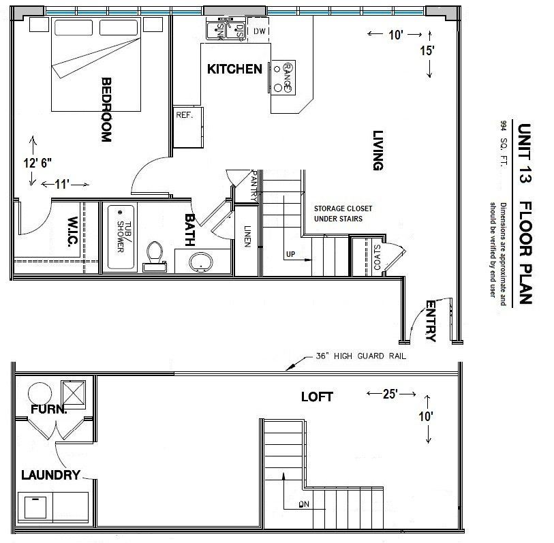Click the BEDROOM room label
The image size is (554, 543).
106,108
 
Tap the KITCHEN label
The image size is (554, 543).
234,69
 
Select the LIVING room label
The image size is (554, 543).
378,150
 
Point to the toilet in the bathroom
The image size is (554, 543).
155,253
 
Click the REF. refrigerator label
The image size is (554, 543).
185,115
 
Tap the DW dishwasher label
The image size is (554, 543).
260,31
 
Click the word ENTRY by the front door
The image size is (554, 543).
430,320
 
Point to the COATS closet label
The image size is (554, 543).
378,257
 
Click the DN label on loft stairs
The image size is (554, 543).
305,505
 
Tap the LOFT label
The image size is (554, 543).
316,397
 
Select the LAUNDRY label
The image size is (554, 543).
50,475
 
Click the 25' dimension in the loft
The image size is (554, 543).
390,394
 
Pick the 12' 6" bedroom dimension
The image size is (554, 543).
37,163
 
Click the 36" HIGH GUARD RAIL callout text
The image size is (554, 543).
361,356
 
